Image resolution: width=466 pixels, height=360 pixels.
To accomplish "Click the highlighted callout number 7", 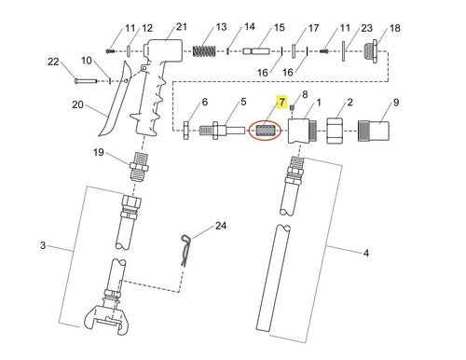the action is coord(281,102).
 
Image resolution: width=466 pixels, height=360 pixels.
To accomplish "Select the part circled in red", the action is coord(265,131).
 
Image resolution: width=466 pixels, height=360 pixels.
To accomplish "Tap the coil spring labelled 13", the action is coord(204,51).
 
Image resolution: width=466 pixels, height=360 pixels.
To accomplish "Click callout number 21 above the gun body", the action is coord(182,27).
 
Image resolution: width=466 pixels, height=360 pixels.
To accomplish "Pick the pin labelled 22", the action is coord(86,81).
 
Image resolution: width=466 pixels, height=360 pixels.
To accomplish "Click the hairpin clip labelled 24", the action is coord(185,250).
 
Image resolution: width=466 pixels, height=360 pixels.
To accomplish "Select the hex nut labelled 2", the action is coord(335,131).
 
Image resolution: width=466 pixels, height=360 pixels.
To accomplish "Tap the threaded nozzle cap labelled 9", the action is coord(374,131).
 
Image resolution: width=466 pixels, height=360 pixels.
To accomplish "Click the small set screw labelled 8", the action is coord(292,108).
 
